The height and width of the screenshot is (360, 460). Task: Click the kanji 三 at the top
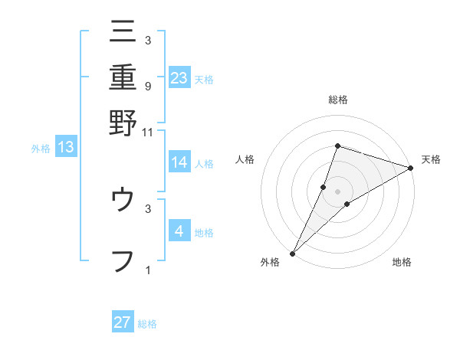(x=123, y=33)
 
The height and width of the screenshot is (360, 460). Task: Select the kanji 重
(x=123, y=77)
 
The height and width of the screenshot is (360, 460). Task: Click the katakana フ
(x=123, y=259)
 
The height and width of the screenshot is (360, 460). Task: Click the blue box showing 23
(x=179, y=77)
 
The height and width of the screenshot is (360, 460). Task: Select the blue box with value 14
(x=179, y=162)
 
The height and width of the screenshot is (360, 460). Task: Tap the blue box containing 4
(x=179, y=231)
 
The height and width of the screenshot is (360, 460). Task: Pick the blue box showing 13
(x=65, y=148)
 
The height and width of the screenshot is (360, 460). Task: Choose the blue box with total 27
(x=123, y=322)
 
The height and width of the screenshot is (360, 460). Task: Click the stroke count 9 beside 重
(x=147, y=87)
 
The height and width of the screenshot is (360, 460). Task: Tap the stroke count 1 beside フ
(x=147, y=270)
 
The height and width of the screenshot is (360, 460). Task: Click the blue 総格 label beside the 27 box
(x=147, y=324)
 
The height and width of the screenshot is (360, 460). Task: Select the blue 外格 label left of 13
(x=41, y=149)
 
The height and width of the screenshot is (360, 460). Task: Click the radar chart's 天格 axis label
(x=431, y=160)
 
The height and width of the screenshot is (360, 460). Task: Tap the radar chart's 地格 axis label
(x=402, y=263)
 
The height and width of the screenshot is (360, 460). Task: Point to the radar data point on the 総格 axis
(x=337, y=146)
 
